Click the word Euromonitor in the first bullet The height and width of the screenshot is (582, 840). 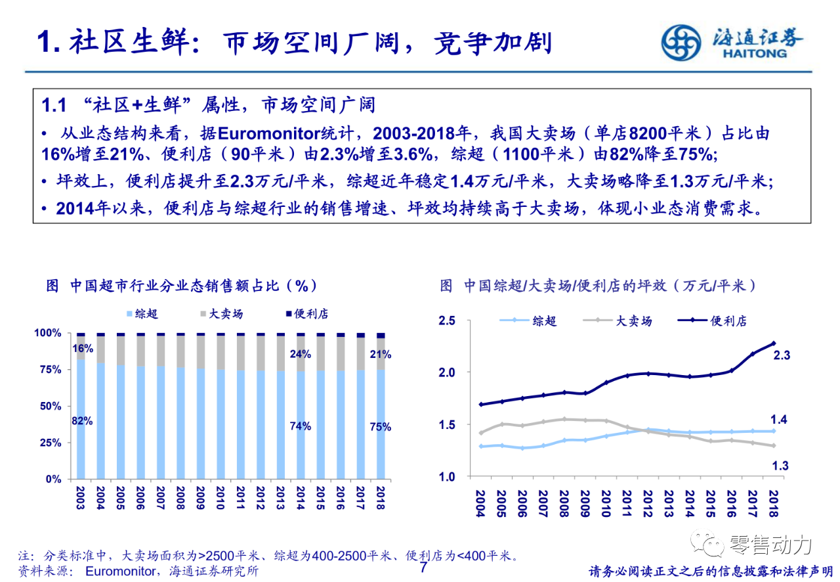coord(268,133)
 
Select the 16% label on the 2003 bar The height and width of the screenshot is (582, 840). coord(83,348)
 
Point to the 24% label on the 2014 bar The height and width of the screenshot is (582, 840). coord(300,355)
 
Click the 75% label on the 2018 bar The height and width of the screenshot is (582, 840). coord(380,427)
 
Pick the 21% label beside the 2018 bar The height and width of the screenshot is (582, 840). coord(381,355)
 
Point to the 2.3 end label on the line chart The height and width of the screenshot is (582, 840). coord(782,355)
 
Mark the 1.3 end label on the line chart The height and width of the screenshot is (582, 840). coord(781,466)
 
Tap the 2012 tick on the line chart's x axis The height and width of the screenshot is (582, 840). coord(648,504)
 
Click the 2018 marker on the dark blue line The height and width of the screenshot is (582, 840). coord(774,343)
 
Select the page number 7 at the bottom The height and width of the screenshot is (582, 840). coord(423,567)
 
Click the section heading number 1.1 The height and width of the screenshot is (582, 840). coord(54,105)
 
